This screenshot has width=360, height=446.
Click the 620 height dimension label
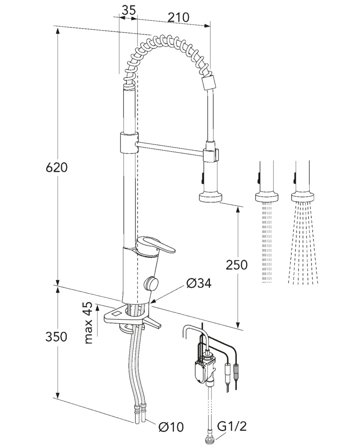(57, 167)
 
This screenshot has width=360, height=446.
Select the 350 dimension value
(56, 337)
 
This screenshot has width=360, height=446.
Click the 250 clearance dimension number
(236, 265)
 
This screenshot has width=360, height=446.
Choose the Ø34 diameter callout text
(199, 283)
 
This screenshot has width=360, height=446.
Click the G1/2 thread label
(232, 426)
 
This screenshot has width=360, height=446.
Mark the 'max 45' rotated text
(89, 323)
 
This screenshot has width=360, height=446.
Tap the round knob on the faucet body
(151, 283)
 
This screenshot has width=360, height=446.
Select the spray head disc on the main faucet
(210, 197)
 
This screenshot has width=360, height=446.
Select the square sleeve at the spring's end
(209, 83)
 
